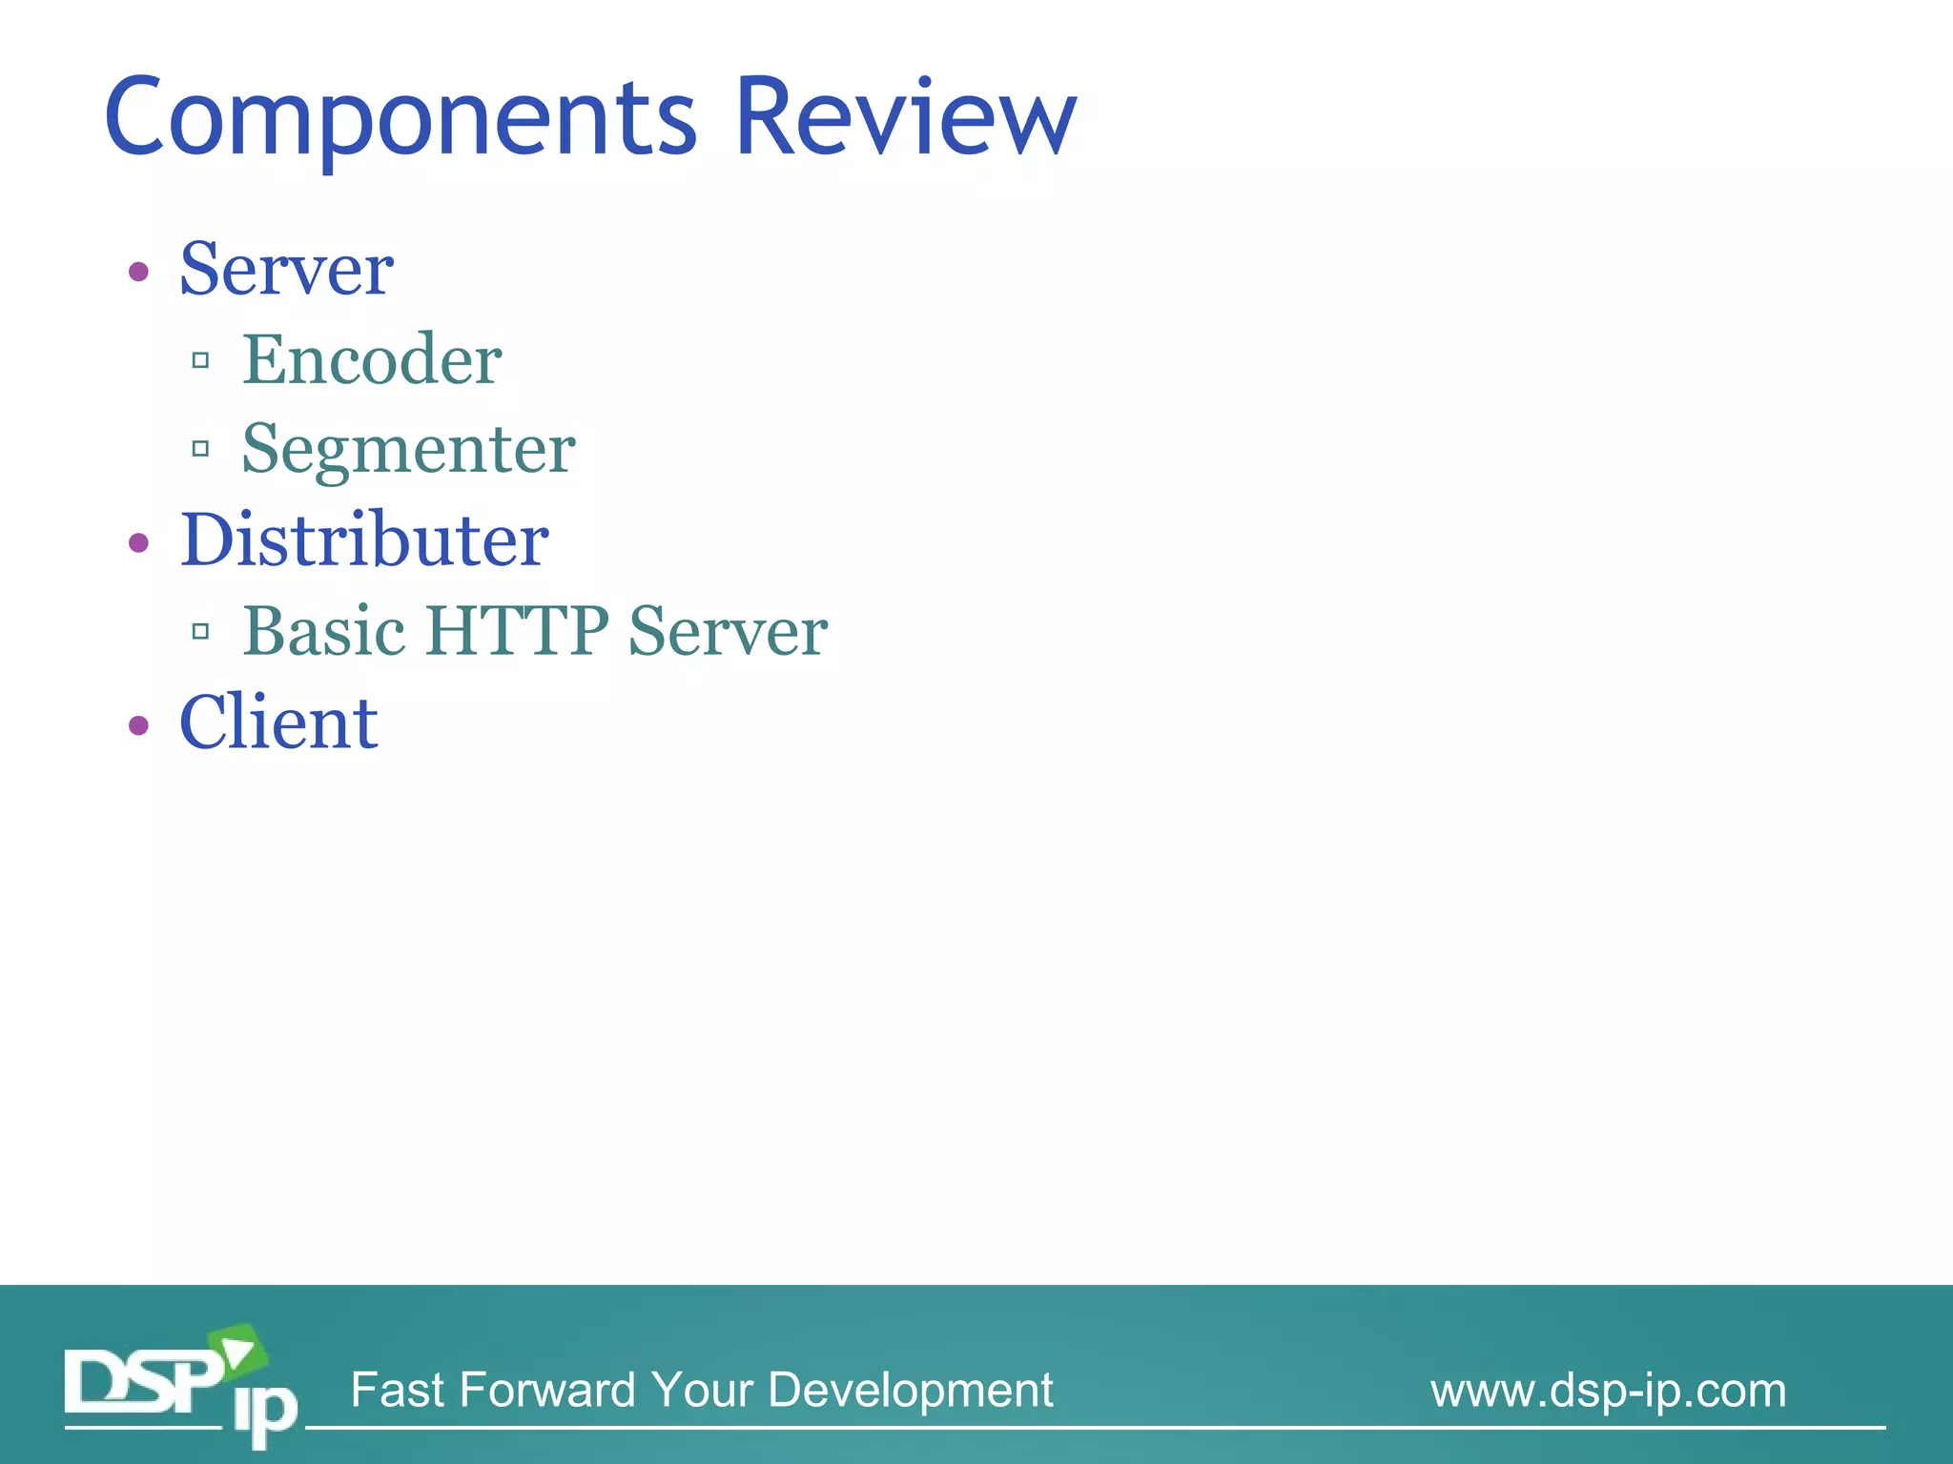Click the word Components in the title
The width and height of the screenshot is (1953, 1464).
(401, 119)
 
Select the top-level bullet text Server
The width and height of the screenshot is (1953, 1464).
(286, 270)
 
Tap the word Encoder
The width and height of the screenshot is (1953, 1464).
(372, 360)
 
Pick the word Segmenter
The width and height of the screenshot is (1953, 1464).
(408, 449)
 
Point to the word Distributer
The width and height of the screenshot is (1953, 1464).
(364, 540)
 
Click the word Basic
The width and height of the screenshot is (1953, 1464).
(324, 631)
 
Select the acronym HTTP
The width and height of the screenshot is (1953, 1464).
(517, 631)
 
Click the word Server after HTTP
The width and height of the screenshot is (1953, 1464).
(728, 631)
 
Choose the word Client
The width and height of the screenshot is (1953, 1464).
(278, 722)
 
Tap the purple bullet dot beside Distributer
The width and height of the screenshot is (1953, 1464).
(139, 543)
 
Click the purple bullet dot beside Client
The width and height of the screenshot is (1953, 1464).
(139, 726)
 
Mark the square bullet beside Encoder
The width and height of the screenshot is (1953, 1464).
(200, 360)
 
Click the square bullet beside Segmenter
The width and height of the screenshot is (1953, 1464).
(200, 448)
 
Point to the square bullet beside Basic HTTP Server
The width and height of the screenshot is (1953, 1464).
(200, 631)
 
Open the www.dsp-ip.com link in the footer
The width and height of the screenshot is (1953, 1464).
(1608, 1391)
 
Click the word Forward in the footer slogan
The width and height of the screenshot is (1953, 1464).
(547, 1391)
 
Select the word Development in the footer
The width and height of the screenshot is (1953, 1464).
(910, 1391)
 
